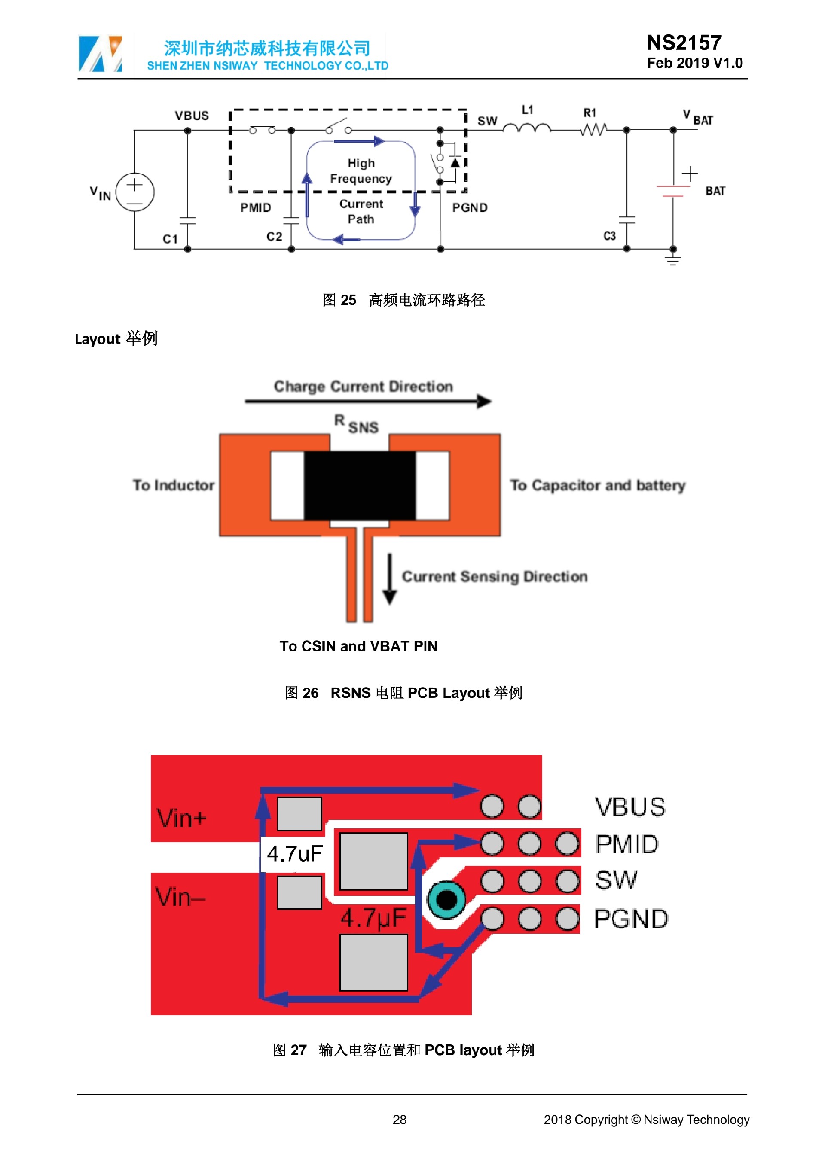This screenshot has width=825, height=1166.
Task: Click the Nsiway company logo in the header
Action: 100,53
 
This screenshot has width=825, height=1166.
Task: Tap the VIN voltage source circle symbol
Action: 134,192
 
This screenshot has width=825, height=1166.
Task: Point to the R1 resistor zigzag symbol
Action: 593,130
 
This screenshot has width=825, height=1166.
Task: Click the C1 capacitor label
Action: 170,239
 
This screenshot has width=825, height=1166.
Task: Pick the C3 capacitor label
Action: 610,236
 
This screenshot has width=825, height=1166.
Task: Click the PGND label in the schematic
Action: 469,208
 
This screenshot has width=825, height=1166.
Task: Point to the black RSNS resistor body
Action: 360,485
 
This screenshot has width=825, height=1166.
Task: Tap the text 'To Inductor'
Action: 173,485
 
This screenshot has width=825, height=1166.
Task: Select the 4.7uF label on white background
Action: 295,854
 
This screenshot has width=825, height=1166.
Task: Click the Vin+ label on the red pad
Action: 181,818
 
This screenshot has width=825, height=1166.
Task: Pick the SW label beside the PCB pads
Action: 616,880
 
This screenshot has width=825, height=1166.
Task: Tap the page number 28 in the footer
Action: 399,1120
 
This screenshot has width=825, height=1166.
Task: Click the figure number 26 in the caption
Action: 310,693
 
